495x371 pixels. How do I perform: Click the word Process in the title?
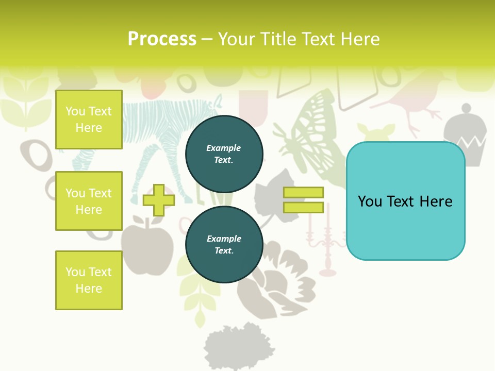coord(162,39)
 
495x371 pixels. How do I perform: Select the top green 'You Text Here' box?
coord(89,120)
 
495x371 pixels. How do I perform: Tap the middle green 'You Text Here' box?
coord(89,201)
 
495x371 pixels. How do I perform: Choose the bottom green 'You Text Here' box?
coord(89,280)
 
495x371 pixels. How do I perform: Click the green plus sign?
coord(159,200)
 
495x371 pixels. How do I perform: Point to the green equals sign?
coord(303,200)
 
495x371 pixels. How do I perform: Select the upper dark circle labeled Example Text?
coord(224,154)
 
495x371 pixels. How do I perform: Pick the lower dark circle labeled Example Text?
coord(224,244)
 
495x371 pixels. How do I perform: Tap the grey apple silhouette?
coord(147,242)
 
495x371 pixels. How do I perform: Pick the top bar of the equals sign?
coord(303,193)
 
